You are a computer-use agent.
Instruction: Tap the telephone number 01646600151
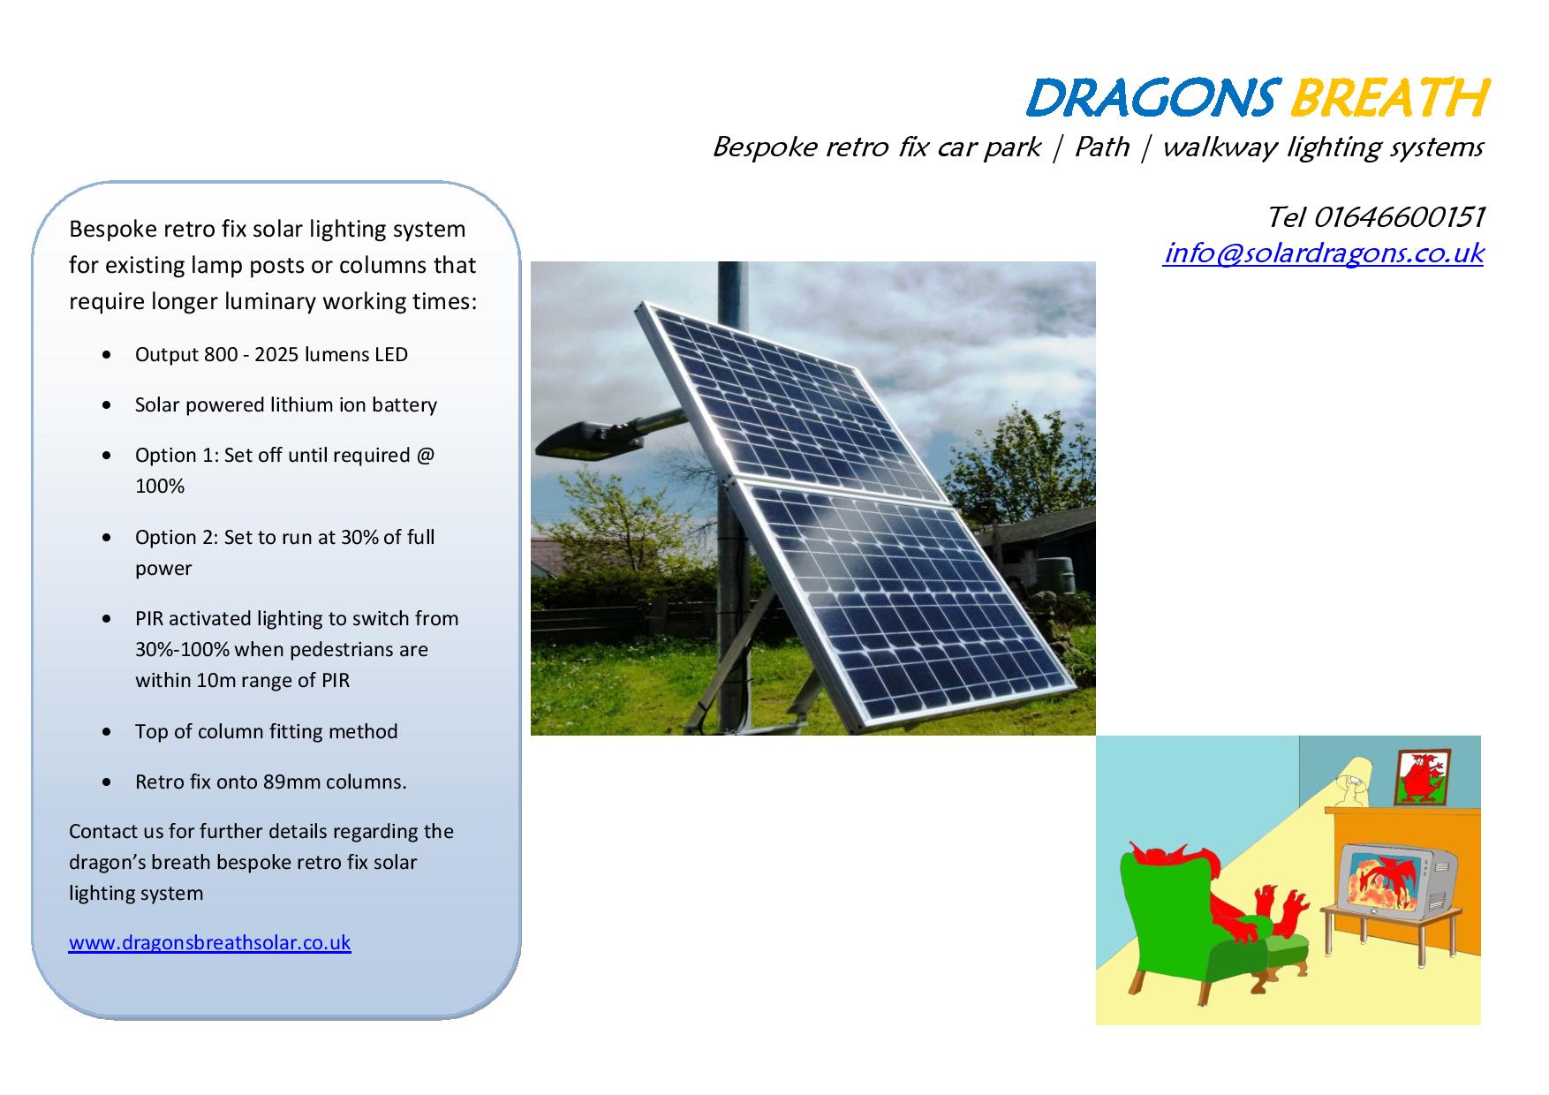(1399, 216)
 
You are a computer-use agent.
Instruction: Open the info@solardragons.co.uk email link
(1323, 253)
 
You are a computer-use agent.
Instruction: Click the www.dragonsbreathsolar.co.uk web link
(210, 942)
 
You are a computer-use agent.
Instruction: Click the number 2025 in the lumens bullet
(277, 355)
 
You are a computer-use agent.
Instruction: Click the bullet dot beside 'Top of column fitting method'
(107, 732)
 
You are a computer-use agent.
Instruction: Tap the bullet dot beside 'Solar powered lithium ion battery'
(107, 405)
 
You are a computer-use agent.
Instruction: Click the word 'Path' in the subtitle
(1101, 147)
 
